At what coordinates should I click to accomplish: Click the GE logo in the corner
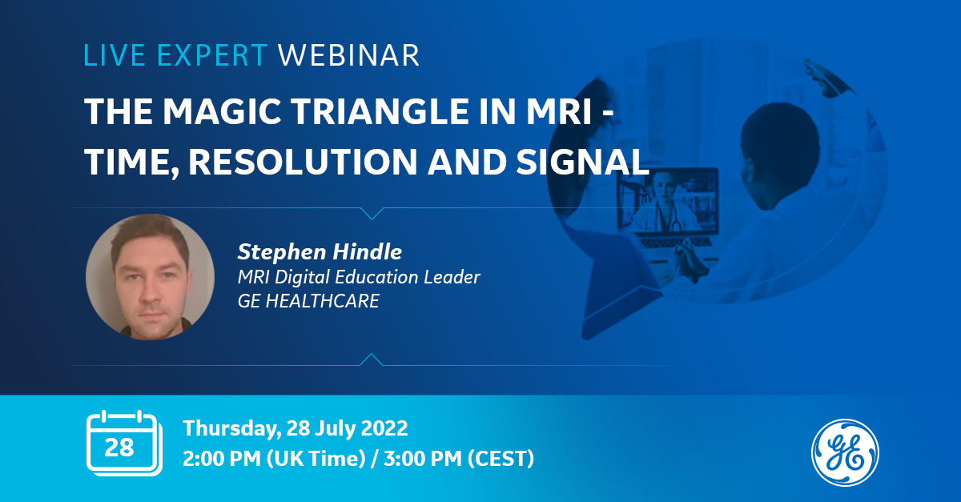pos(845,452)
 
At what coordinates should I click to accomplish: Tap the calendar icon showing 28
pos(124,444)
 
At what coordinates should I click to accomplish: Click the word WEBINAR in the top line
pos(348,55)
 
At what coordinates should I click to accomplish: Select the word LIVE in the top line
pos(114,55)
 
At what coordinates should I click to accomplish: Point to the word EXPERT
pos(212,55)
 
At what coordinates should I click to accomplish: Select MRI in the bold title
pos(560,111)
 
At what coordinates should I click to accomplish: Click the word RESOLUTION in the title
pos(303,162)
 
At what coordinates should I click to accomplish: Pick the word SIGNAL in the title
pos(583,162)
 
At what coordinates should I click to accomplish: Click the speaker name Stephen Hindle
pos(320,251)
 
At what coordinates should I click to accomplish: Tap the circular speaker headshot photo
pos(151,277)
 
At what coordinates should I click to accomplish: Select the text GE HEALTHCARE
pos(308,301)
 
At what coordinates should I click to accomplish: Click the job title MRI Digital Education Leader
pos(359,277)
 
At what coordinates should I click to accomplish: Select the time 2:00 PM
pos(222,458)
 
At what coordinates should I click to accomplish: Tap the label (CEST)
pos(501,459)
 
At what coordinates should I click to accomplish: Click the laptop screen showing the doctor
pos(668,201)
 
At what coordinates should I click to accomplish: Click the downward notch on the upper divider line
pos(372,213)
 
